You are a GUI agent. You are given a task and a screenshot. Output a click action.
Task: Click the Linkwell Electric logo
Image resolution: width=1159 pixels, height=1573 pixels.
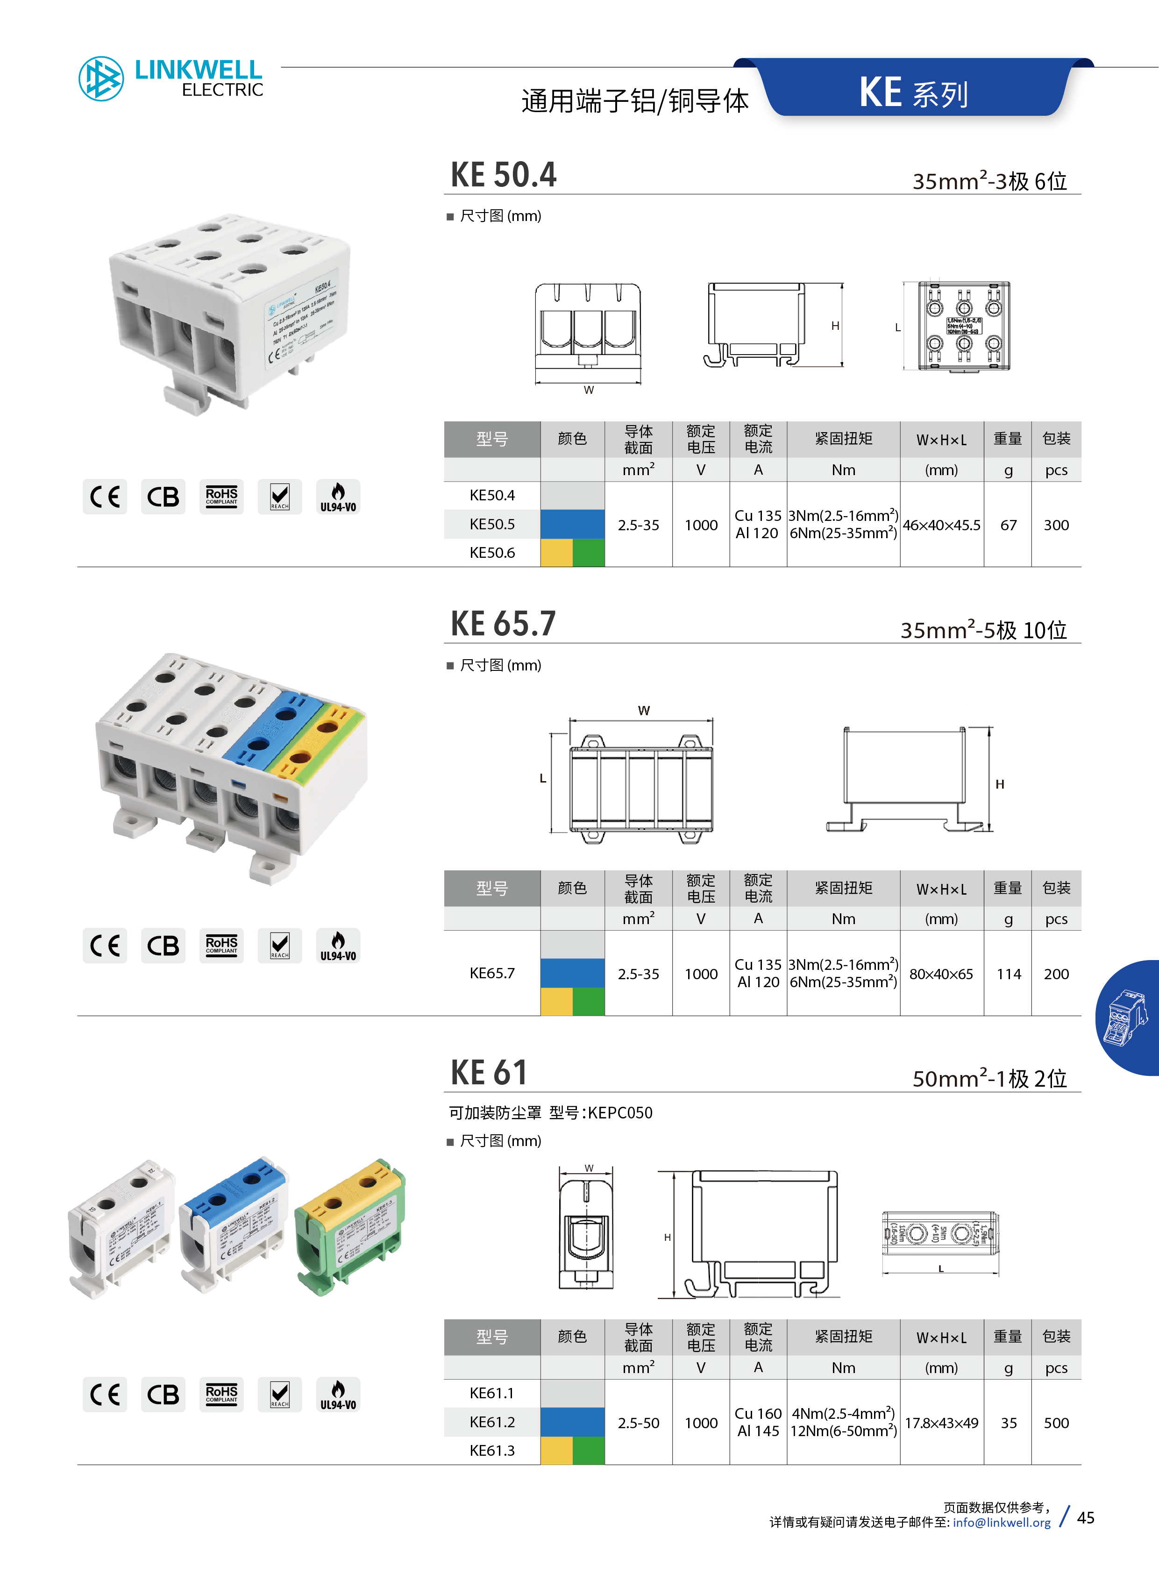coord(171,78)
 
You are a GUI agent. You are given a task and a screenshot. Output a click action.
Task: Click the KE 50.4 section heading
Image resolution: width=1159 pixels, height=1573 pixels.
coord(503,175)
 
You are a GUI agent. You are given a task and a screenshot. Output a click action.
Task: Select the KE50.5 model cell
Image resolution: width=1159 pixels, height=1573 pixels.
coord(492,524)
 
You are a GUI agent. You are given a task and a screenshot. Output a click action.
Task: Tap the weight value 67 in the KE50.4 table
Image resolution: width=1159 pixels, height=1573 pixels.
coord(1008,525)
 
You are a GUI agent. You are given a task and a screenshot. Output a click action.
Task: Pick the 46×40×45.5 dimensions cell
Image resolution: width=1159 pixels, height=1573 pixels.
coord(941,525)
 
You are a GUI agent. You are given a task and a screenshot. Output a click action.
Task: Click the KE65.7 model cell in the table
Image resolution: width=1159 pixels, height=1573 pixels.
coord(492,973)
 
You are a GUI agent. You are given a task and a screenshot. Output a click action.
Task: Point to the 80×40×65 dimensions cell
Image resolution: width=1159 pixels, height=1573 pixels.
coord(941,974)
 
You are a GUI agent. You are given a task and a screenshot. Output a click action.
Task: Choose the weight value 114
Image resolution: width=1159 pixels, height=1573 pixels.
coord(1008,974)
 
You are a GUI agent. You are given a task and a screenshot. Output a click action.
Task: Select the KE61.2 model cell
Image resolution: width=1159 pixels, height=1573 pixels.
coord(492,1422)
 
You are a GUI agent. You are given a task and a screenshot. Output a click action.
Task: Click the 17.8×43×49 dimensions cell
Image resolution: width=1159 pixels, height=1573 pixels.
coord(941,1423)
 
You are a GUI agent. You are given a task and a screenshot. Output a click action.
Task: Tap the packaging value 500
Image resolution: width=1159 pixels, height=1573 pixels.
coord(1056,1423)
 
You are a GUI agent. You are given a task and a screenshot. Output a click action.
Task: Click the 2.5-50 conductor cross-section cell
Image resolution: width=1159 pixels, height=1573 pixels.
coord(639,1423)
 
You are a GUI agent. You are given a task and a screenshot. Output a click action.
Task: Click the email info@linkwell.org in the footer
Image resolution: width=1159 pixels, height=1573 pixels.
coord(1001,1523)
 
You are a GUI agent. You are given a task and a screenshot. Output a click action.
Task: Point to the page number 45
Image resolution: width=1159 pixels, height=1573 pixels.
coord(1085,1517)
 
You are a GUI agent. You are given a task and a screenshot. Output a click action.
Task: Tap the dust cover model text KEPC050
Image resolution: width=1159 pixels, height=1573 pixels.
coord(620,1113)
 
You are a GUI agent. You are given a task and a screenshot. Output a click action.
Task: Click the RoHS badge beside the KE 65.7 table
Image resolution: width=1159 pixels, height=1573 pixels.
coord(221,945)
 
